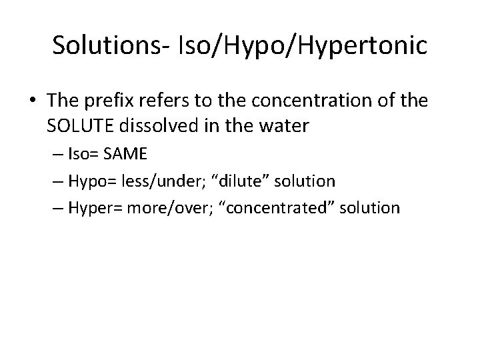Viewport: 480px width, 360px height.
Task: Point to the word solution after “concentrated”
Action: (370, 208)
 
